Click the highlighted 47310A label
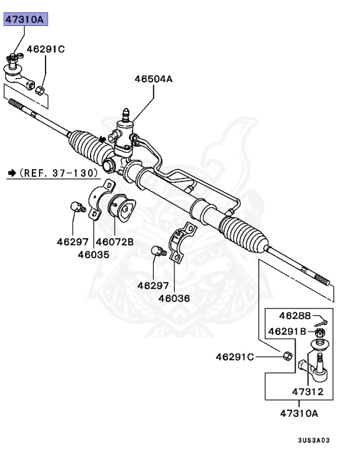point(25,19)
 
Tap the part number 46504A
point(153,77)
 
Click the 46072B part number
point(115,241)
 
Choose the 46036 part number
point(174,298)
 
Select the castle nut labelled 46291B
point(318,333)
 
